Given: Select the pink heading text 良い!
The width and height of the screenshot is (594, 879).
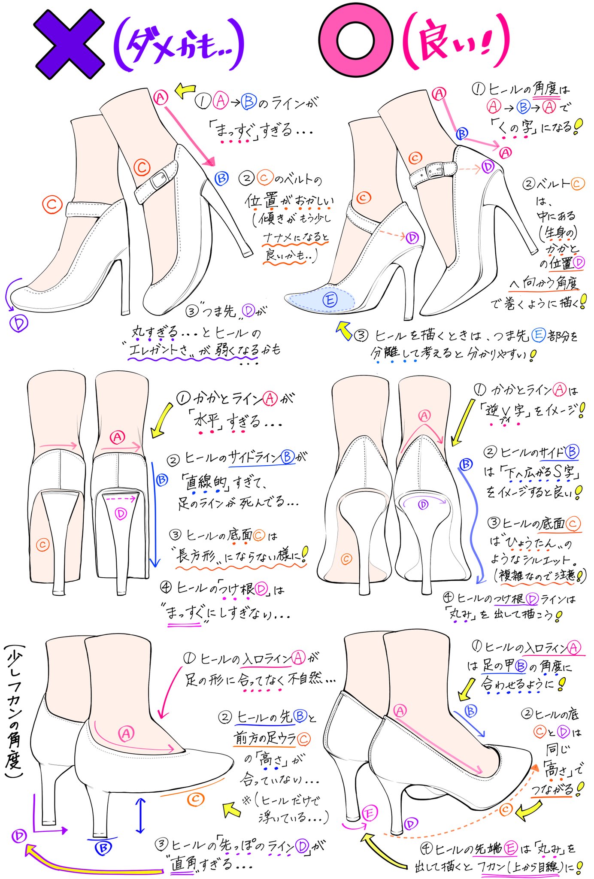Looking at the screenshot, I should coord(455,43).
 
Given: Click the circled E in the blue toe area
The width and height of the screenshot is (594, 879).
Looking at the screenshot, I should coord(330,299).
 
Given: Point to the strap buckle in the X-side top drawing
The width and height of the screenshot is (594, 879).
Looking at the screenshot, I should coord(159,180).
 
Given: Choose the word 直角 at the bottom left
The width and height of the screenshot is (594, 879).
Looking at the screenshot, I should coord(184,863).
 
